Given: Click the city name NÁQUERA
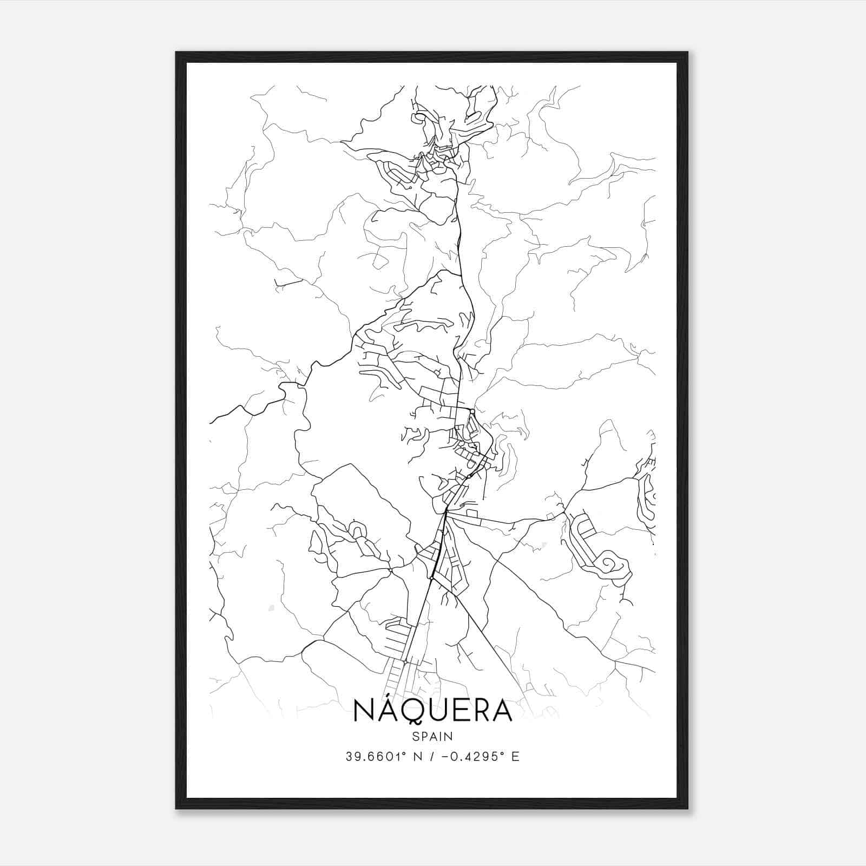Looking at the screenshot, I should click(x=432, y=711).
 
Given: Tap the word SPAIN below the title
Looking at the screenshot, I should click(x=432, y=736).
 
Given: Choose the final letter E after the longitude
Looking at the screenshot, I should click(x=515, y=757).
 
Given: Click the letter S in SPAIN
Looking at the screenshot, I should click(x=415, y=736).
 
